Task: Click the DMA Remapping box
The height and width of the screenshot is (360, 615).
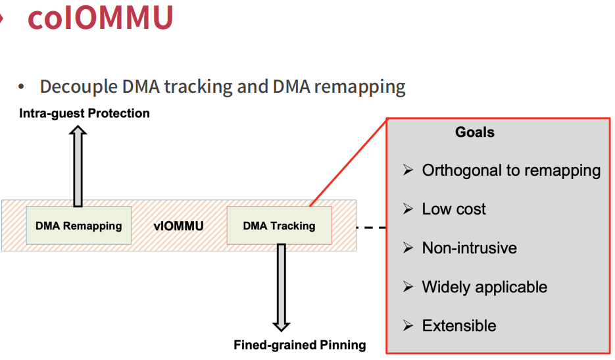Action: click(x=79, y=226)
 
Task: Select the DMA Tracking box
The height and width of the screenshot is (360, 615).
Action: click(x=279, y=226)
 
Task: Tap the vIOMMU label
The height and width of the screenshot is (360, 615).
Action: click(x=179, y=226)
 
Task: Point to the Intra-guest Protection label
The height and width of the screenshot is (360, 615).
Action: click(x=84, y=113)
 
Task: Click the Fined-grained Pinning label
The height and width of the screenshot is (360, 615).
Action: click(x=299, y=345)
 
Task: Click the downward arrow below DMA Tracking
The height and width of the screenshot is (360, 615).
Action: click(x=281, y=287)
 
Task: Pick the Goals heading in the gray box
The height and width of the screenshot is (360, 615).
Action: click(x=474, y=132)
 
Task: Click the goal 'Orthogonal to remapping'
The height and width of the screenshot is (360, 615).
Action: click(x=511, y=170)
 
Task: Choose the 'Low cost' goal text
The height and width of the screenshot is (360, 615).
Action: click(x=454, y=209)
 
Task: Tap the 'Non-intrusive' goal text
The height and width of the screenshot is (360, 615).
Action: click(x=469, y=248)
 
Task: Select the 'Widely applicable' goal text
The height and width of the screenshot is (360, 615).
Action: click(x=484, y=287)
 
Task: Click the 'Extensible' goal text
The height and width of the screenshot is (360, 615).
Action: click(x=459, y=326)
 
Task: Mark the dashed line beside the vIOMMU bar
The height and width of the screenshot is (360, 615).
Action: click(x=370, y=228)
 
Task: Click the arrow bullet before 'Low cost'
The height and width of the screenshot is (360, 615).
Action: click(x=408, y=209)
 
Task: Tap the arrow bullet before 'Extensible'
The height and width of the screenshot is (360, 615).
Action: click(x=408, y=326)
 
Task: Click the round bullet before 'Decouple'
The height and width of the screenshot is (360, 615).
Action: click(x=21, y=87)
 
